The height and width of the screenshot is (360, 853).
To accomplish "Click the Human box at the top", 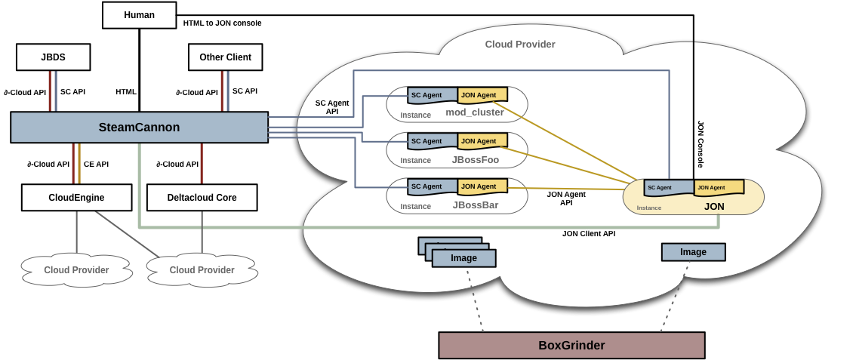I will [139, 15].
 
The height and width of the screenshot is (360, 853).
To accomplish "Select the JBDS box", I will [53, 57].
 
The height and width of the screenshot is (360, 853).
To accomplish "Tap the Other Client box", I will [225, 57].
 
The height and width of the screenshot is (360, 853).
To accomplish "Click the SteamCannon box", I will [139, 128].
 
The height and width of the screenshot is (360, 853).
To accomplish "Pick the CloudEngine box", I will [76, 198].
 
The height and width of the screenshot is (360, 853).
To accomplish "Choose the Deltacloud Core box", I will [202, 198].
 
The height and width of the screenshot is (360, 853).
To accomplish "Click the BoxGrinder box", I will [571, 346].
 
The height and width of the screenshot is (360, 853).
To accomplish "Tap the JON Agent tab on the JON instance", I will [718, 187].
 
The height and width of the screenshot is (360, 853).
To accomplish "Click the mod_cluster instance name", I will [474, 112].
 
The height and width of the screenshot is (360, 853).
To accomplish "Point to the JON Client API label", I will [588, 234].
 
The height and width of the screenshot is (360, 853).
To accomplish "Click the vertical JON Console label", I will [701, 143].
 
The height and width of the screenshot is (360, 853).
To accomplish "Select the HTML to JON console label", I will [222, 23].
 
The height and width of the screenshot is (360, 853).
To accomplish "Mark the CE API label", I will [96, 164].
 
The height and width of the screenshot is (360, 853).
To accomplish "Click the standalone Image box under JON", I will [693, 252].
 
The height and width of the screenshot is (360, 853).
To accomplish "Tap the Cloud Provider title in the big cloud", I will [519, 45].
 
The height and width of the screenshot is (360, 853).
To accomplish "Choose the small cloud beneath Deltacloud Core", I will [202, 270].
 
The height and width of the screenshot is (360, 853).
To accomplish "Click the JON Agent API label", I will [565, 198].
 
